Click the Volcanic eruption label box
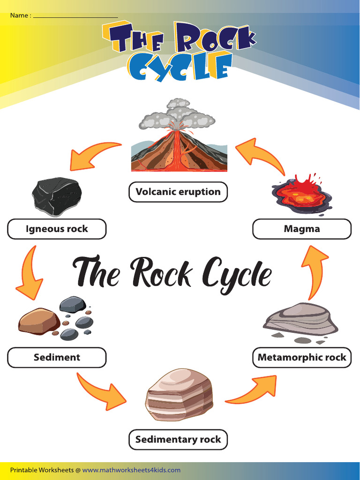pos(178,192)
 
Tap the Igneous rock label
pos(57,229)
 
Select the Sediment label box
pos(57,358)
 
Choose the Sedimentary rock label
pos(178,440)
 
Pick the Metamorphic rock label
pos(302,358)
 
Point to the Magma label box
pos(302,229)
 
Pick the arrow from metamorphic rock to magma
pos(313,272)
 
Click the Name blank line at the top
pos(75,16)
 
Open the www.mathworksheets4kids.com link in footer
pos(131,470)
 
